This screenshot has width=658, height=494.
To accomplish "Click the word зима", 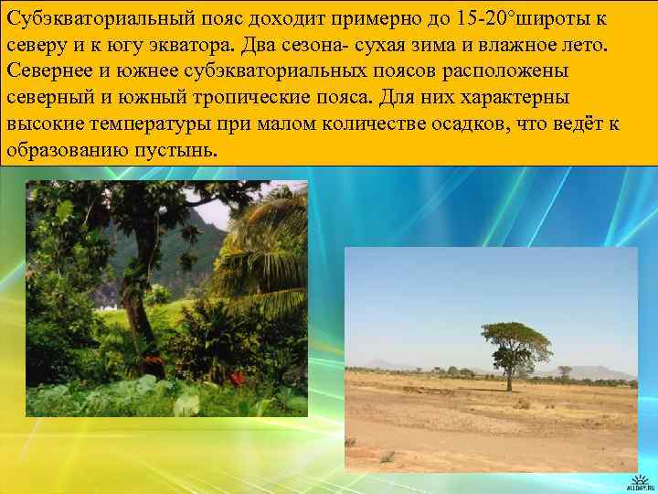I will [x=461, y=46].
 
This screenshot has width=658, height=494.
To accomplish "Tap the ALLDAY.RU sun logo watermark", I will [x=636, y=478].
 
